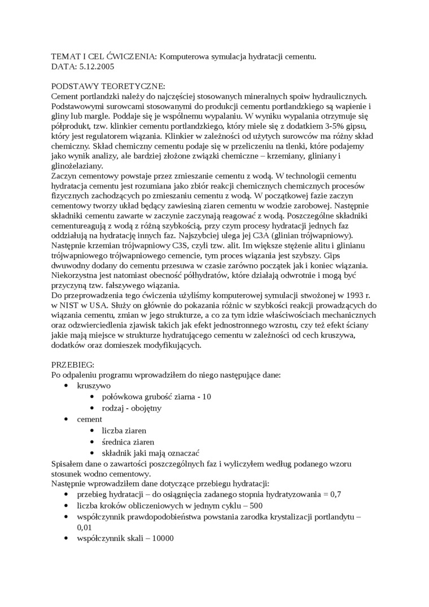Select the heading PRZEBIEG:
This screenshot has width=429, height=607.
[73, 365]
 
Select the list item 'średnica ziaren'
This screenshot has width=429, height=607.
[128, 442]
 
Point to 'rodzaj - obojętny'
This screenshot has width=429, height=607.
[132, 408]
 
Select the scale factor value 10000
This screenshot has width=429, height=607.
[159, 538]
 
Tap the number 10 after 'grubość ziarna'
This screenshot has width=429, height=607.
[206, 396]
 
